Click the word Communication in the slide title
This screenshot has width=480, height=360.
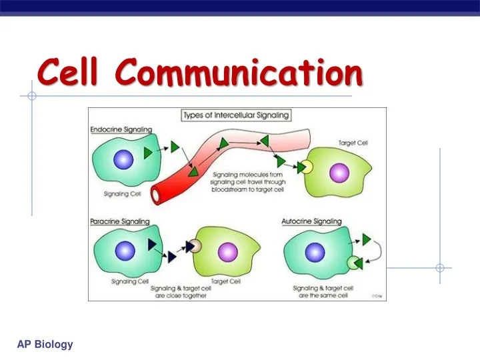click(239, 73)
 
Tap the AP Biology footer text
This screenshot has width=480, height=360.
click(45, 344)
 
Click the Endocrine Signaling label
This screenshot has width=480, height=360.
click(121, 129)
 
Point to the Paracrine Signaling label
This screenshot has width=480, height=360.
click(120, 221)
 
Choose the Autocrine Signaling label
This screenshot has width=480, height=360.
click(312, 221)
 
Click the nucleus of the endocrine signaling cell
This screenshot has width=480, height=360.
click(123, 160)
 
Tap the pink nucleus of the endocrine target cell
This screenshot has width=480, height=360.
click(339, 172)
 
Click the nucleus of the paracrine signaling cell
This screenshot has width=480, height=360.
click(125, 251)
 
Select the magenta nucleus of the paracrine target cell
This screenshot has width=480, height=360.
click(227, 251)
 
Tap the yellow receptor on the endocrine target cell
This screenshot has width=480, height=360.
click(308, 167)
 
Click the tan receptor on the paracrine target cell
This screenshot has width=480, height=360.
click(195, 246)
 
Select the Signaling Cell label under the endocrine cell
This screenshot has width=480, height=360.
click(121, 195)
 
